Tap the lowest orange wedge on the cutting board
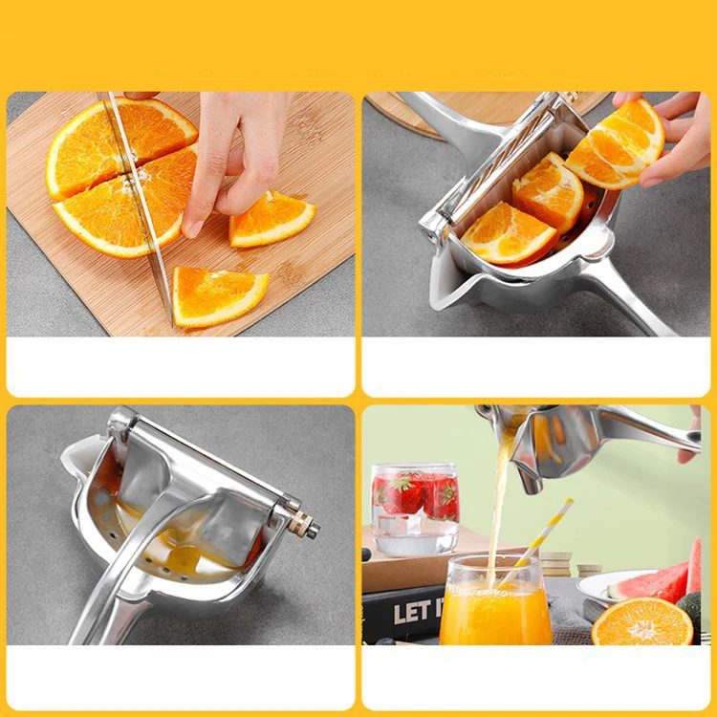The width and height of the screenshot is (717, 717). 218,294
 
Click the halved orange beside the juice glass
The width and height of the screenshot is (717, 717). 641,623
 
